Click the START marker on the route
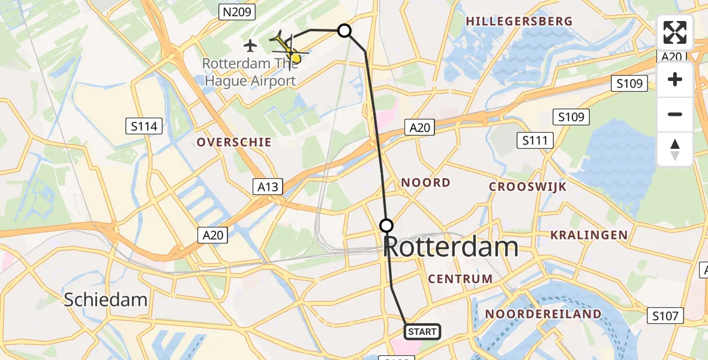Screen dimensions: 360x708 tap(422, 331)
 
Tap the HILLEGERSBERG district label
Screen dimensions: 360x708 tap(520, 22)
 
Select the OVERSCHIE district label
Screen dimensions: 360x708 tap(234, 142)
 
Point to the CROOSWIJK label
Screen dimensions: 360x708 tap(528, 187)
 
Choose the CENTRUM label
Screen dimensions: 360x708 tap(461, 278)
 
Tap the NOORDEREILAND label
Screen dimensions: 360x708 tap(543, 314)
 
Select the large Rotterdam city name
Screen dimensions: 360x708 tap(451, 247)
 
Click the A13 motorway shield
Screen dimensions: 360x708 tap(268, 187)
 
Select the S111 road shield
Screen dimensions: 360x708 tap(535, 141)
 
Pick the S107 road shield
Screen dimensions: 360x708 tap(665, 316)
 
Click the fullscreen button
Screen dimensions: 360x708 tap(675, 32)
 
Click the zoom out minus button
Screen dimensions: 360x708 tap(675, 114)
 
